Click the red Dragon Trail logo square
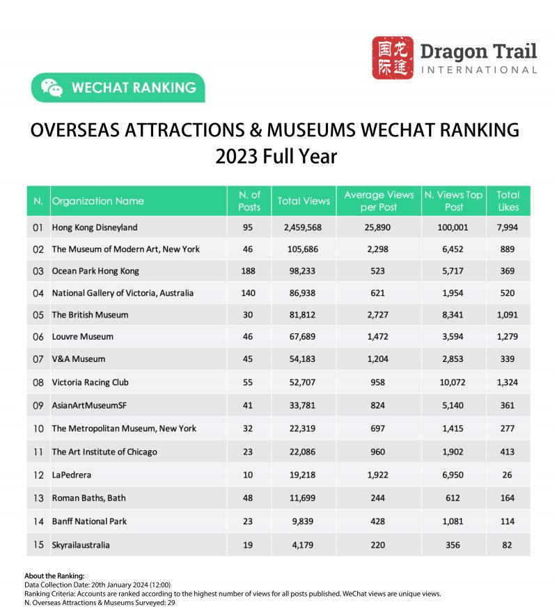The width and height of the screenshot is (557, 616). pos(393,58)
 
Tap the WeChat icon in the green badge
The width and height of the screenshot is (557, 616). pos(52,88)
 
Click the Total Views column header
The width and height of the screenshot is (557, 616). pos(304,201)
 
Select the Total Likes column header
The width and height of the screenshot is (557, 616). pos(508,201)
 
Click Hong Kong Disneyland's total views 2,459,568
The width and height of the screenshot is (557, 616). pos(304,228)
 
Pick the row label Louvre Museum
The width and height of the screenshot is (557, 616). pos(82,337)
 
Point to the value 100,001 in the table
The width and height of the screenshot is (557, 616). pos(453,228)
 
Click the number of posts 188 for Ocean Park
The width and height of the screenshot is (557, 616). pos(249,271)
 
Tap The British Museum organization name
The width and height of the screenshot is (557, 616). pos(90,315)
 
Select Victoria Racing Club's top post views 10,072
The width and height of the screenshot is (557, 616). pos(453,382)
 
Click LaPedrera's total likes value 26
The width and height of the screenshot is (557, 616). pos(508,475)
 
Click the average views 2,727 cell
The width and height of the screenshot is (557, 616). pos(379,315)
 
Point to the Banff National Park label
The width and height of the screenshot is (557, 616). pos(89,521)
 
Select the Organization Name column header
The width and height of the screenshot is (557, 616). pos(98,201)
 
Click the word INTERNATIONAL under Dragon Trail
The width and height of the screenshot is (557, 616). pos(478,70)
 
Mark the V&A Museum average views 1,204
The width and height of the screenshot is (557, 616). pos(379,360)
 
